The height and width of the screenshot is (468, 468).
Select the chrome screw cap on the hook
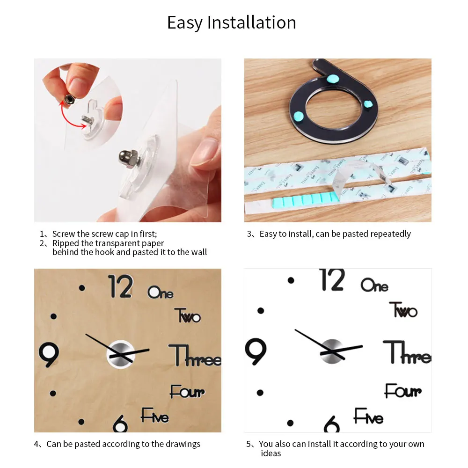pos(128,157)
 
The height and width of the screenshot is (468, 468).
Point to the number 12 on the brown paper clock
pos(120,286)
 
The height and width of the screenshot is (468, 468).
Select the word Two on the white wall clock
pos(403,310)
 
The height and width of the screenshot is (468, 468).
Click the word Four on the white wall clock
pos(403,391)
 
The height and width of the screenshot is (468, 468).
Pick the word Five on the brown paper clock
pos(155,415)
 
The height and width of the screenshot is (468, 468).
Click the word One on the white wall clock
pos(374,285)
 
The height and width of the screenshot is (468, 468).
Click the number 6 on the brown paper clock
pos(120,424)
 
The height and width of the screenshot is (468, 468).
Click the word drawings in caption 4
pos(182,444)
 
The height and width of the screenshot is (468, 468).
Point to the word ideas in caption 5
pos(271,453)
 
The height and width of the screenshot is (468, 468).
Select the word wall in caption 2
pos(198,252)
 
